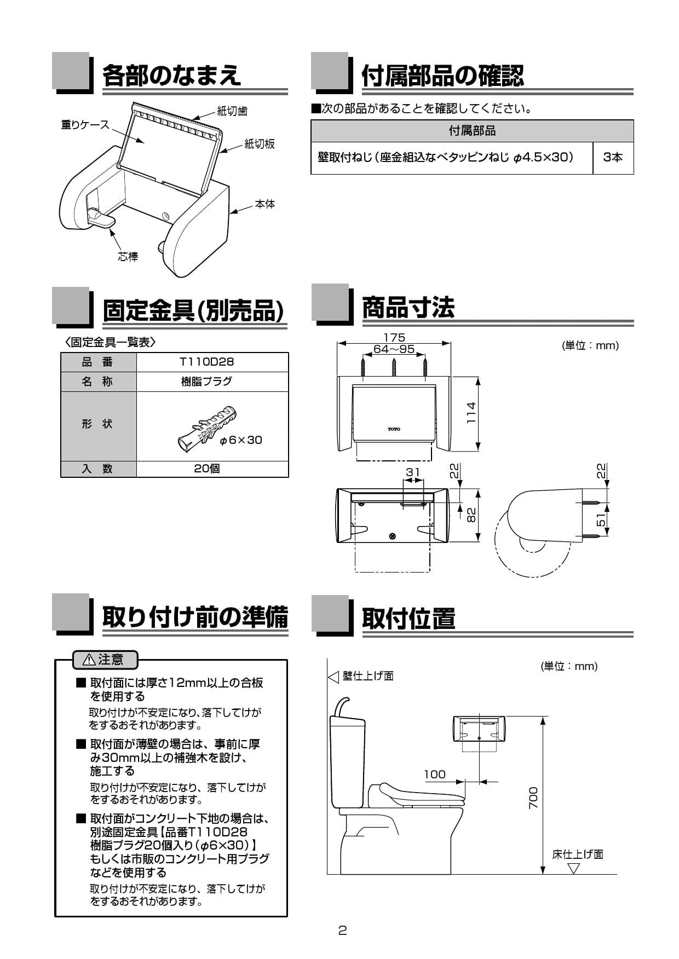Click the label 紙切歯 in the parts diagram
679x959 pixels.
pos(232,111)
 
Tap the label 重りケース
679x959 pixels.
pos(85,125)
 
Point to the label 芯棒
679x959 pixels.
pos(128,256)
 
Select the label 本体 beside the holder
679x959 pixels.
pos(265,204)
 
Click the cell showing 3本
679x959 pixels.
pos(613,158)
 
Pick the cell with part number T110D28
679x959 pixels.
pos(206,362)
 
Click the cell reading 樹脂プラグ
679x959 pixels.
pos(206,382)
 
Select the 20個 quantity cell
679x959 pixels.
pos(206,469)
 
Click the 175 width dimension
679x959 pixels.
pos(394,337)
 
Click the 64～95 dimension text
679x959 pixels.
pos(394,349)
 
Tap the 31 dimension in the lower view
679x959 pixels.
pos(413,472)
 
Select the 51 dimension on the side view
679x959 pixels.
pos(602,519)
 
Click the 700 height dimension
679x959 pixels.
pos(533,798)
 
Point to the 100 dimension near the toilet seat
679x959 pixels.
pos(435,774)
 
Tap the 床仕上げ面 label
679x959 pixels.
pos(577,854)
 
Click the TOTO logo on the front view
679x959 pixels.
pos(394,429)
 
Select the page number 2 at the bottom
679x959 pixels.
pos(342,931)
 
